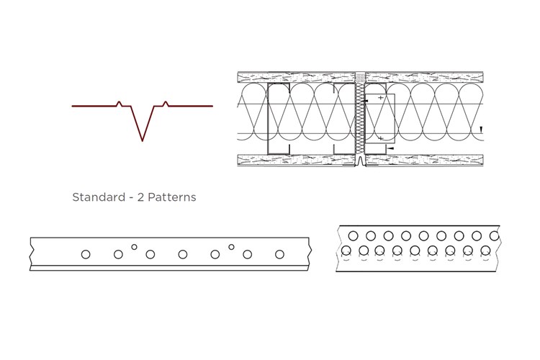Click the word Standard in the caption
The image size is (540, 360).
pyautogui.click(x=99, y=197)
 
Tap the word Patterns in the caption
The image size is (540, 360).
pyautogui.click(x=171, y=197)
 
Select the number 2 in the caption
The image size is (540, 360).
pyautogui.click(x=140, y=197)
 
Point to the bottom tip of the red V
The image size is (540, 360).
pyautogui.click(x=143, y=140)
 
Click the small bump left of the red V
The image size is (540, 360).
pyautogui.click(x=120, y=103)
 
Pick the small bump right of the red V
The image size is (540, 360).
pyautogui.click(x=166, y=103)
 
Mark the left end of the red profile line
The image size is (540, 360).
pyautogui.click(x=73, y=106)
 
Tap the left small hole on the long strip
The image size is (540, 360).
pyautogui.click(x=134, y=247)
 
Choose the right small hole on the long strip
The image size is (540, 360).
pyautogui.click(x=231, y=247)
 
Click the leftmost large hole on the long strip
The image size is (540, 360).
pyautogui.click(x=86, y=254)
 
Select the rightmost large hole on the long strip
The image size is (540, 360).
pyautogui.click(x=279, y=254)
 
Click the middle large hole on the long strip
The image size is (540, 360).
pyautogui.click(x=183, y=254)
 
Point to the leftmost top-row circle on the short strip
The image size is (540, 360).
pyautogui.click(x=354, y=235)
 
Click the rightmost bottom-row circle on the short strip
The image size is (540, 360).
pyautogui.click(x=486, y=251)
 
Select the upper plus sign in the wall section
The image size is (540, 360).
pyautogui.click(x=380, y=97)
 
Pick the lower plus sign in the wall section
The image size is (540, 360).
pyautogui.click(x=380, y=137)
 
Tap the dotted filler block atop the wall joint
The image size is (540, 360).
pyautogui.click(x=360, y=75)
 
